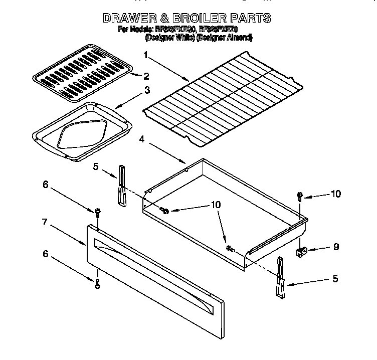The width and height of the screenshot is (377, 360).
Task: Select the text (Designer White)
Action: click(169, 38)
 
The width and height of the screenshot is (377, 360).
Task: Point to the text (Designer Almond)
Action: click(224, 38)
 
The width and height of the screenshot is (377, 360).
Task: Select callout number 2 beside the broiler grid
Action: click(146, 76)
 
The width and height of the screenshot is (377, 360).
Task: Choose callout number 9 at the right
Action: click(335, 247)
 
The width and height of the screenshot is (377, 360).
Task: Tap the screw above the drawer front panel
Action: click(97, 213)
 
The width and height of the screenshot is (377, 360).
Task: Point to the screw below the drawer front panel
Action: click(97, 284)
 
